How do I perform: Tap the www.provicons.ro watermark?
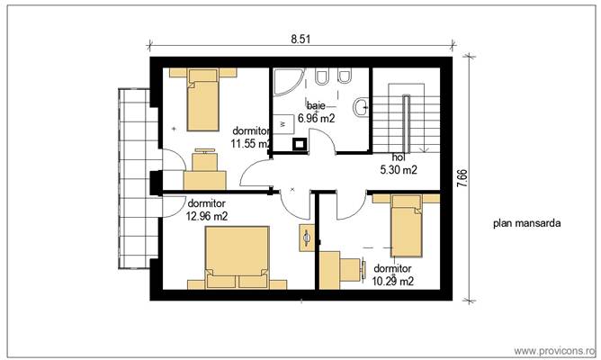(x=552, y=349)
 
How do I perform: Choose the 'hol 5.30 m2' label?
(x=396, y=163)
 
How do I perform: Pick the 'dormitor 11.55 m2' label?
(x=250, y=136)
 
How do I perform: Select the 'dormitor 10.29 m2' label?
(x=393, y=274)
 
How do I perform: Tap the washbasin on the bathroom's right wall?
(x=362, y=107)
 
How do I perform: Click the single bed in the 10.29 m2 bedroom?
(x=406, y=229)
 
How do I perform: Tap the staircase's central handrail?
(x=407, y=118)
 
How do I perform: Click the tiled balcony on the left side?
(x=133, y=180)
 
